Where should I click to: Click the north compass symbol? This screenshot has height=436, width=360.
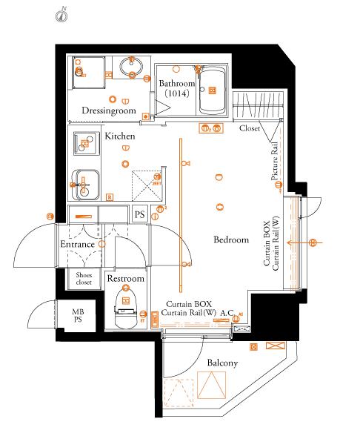click(x=61, y=15)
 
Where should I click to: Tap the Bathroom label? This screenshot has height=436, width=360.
click(x=176, y=83)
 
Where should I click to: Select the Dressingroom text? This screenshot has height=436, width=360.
click(x=109, y=110)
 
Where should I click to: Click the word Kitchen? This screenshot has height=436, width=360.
click(x=120, y=136)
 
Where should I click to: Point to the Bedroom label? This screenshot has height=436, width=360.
click(x=231, y=240)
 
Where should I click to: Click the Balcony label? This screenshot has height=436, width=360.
click(x=222, y=363)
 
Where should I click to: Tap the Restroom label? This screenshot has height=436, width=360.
click(x=126, y=278)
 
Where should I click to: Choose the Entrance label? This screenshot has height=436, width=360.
click(x=78, y=244)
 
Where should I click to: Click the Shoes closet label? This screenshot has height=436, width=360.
click(x=84, y=278)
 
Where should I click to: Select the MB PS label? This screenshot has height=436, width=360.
click(x=78, y=315)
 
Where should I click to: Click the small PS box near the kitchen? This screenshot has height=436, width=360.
click(x=139, y=214)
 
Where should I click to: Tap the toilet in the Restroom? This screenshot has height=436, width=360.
click(x=126, y=308)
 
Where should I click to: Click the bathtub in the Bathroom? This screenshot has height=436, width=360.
click(x=212, y=90)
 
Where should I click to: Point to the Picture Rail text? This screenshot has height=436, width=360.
click(x=274, y=161)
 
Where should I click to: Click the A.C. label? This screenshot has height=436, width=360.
click(x=227, y=313)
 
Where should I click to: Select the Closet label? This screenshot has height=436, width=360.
click(x=250, y=128)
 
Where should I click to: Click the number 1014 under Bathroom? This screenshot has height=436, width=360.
click(x=176, y=93)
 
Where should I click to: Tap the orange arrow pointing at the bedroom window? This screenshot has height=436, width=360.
click(x=304, y=242)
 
